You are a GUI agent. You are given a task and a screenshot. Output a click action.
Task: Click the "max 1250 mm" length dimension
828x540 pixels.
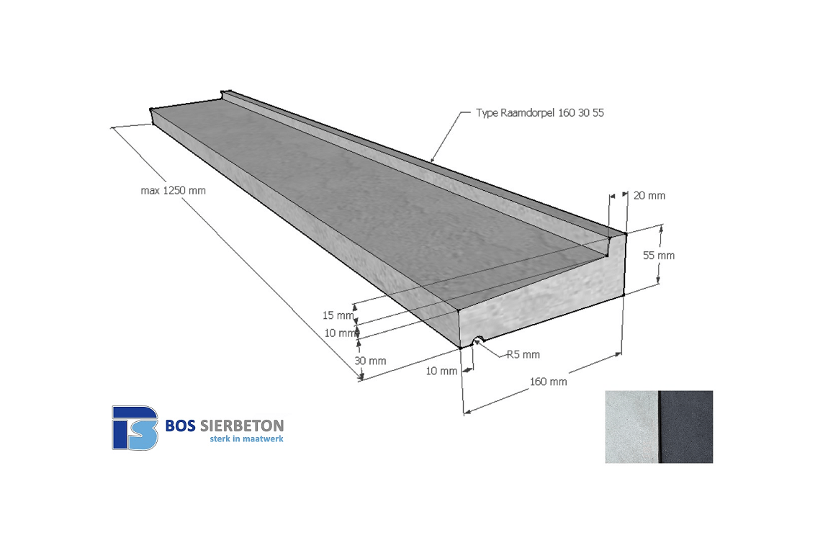click(x=174, y=191)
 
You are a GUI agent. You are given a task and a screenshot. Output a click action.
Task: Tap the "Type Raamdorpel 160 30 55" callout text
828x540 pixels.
click(x=540, y=112)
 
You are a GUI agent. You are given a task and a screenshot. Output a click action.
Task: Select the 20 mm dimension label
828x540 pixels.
click(x=649, y=195)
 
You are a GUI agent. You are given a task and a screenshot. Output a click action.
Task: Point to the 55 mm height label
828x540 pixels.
click(x=659, y=256)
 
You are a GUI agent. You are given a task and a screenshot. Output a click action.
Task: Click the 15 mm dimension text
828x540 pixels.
click(x=338, y=315)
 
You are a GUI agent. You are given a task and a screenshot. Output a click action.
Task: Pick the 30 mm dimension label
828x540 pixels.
click(x=370, y=361)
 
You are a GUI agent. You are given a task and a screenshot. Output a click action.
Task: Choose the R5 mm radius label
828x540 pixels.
click(x=523, y=355)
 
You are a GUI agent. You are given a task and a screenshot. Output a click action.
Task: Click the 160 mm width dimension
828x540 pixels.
click(x=548, y=382)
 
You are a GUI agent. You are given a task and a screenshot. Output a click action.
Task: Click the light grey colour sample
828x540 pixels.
click(x=631, y=426)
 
